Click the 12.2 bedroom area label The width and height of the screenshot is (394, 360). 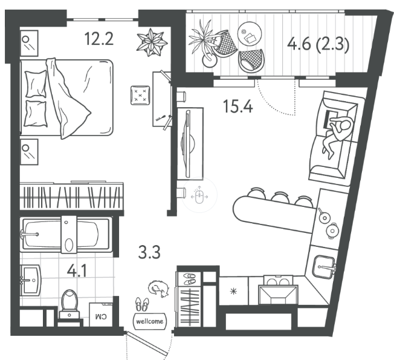pos(99,39)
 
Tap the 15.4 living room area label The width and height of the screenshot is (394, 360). pos(237,106)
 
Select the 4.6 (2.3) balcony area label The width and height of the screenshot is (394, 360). pos(318,45)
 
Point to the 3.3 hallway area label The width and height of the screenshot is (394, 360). pos(149,252)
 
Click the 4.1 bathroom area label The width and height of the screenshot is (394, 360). pos(77,271)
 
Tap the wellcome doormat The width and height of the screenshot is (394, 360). pos(149,321)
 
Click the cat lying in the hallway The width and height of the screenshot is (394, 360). pos(158,289)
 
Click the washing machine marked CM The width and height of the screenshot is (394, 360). pos(101,315)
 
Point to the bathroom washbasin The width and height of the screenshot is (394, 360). pos(31,280)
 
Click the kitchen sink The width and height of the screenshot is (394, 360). pos(325,267)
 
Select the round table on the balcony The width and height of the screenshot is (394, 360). pos(250,34)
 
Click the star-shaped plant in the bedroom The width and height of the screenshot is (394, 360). pos(152,42)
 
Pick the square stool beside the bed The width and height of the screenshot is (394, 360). pos(140,96)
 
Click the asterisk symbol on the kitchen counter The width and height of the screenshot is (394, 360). pos(234,291)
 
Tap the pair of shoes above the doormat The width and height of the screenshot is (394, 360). pos(142,304)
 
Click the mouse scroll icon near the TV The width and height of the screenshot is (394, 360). pos(199,195)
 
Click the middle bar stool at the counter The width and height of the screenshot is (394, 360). pos(280,197)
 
